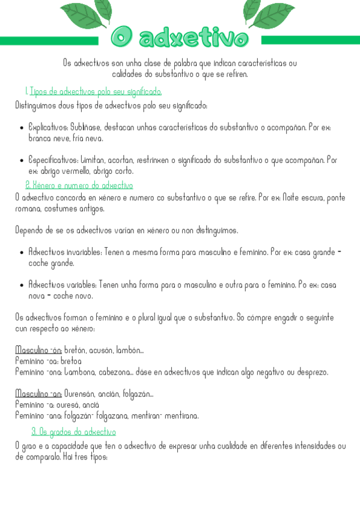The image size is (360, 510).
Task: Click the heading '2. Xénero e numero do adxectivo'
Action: [79, 185]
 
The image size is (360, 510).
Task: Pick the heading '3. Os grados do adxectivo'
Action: [73, 432]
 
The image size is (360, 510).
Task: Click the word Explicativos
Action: [48, 127]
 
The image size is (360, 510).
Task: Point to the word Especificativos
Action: [50, 160]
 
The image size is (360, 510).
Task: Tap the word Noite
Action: [292, 197]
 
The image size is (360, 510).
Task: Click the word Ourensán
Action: [82, 394]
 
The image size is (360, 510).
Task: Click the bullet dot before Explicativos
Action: [22, 128]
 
